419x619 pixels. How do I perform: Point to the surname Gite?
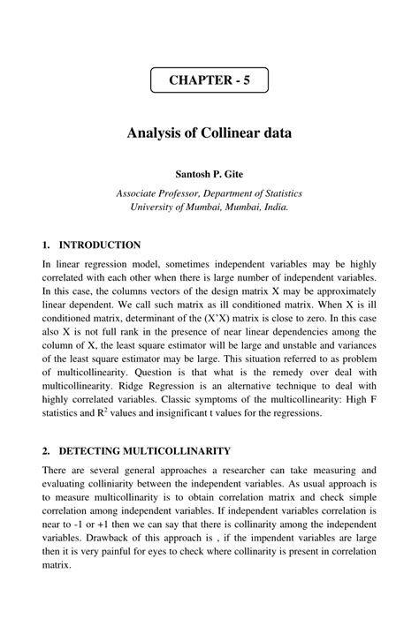pyautogui.click(x=230, y=174)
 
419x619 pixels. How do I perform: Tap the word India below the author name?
pyautogui.click(x=272, y=207)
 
